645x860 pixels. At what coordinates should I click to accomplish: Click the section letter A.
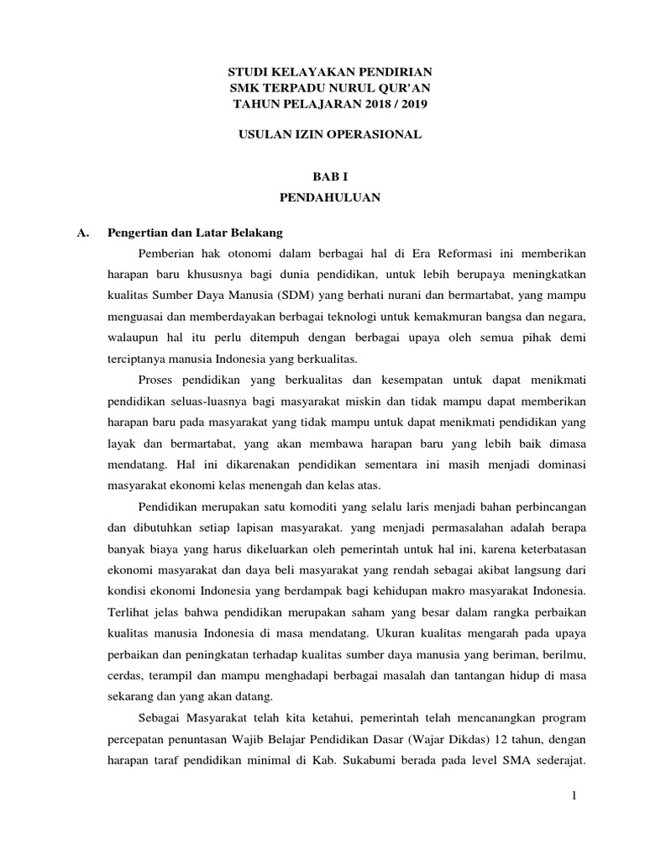coord(81,232)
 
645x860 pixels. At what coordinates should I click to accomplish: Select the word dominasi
coord(558,464)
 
